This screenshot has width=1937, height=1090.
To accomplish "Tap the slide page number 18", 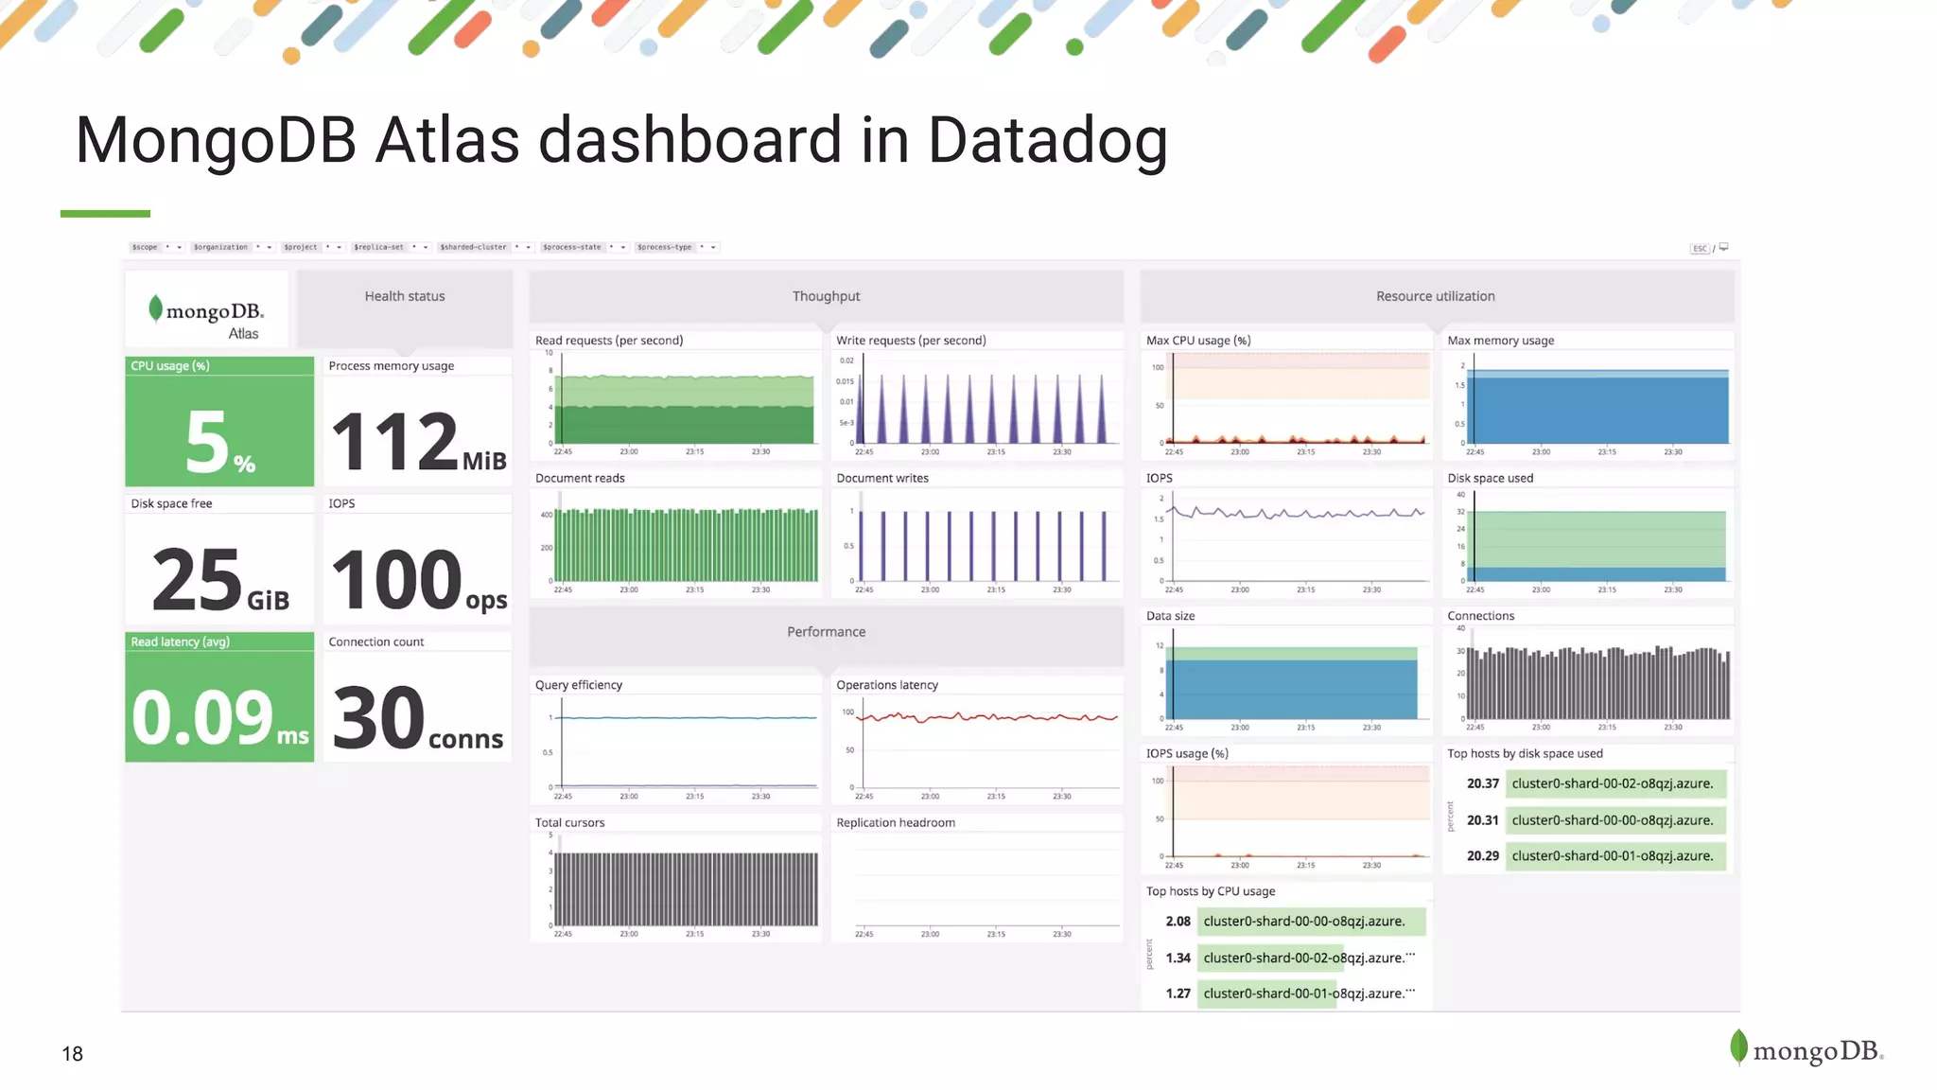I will tap(72, 1054).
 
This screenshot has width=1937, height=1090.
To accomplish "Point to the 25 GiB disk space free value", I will tap(218, 579).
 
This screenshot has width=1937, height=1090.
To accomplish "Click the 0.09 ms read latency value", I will tap(218, 717).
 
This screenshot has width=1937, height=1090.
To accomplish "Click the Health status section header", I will tap(405, 297).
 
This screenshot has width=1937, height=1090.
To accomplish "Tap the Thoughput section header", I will tap(826, 297).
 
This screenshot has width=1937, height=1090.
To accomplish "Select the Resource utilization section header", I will tap(1435, 297).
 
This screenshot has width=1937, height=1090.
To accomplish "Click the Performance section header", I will tap(826, 632).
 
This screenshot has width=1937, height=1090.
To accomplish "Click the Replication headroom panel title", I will tap(896, 823).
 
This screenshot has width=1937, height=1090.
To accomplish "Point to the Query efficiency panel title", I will tap(579, 685).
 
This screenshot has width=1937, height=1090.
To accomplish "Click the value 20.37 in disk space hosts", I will tap(1482, 783).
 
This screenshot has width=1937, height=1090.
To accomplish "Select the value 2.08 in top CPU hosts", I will tap(1178, 922).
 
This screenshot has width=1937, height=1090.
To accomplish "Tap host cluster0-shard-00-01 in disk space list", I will tap(1612, 856).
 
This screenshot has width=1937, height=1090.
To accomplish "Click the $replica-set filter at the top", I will tap(378, 247).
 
